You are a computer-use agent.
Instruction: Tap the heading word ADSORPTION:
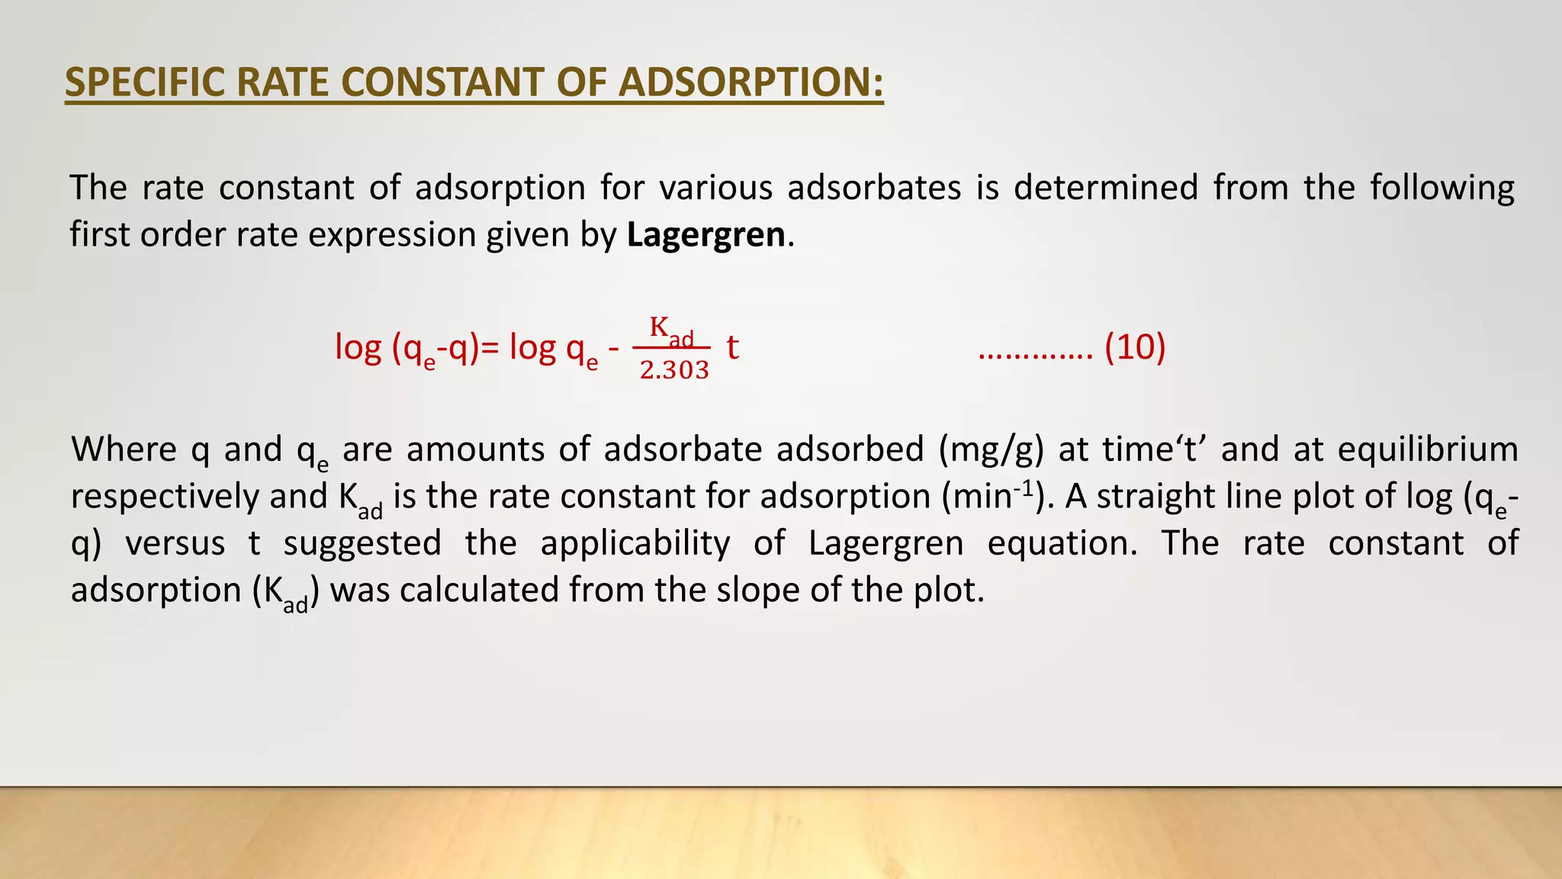point(750,82)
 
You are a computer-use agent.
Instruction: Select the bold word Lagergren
point(705,234)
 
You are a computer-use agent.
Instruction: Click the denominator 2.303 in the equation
point(674,370)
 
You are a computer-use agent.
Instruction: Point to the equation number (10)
point(1135,347)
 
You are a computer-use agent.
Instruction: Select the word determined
point(1105,188)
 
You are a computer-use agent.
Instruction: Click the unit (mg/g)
point(991,449)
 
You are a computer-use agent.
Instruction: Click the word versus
point(175,543)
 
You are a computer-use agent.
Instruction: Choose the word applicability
point(635,543)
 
